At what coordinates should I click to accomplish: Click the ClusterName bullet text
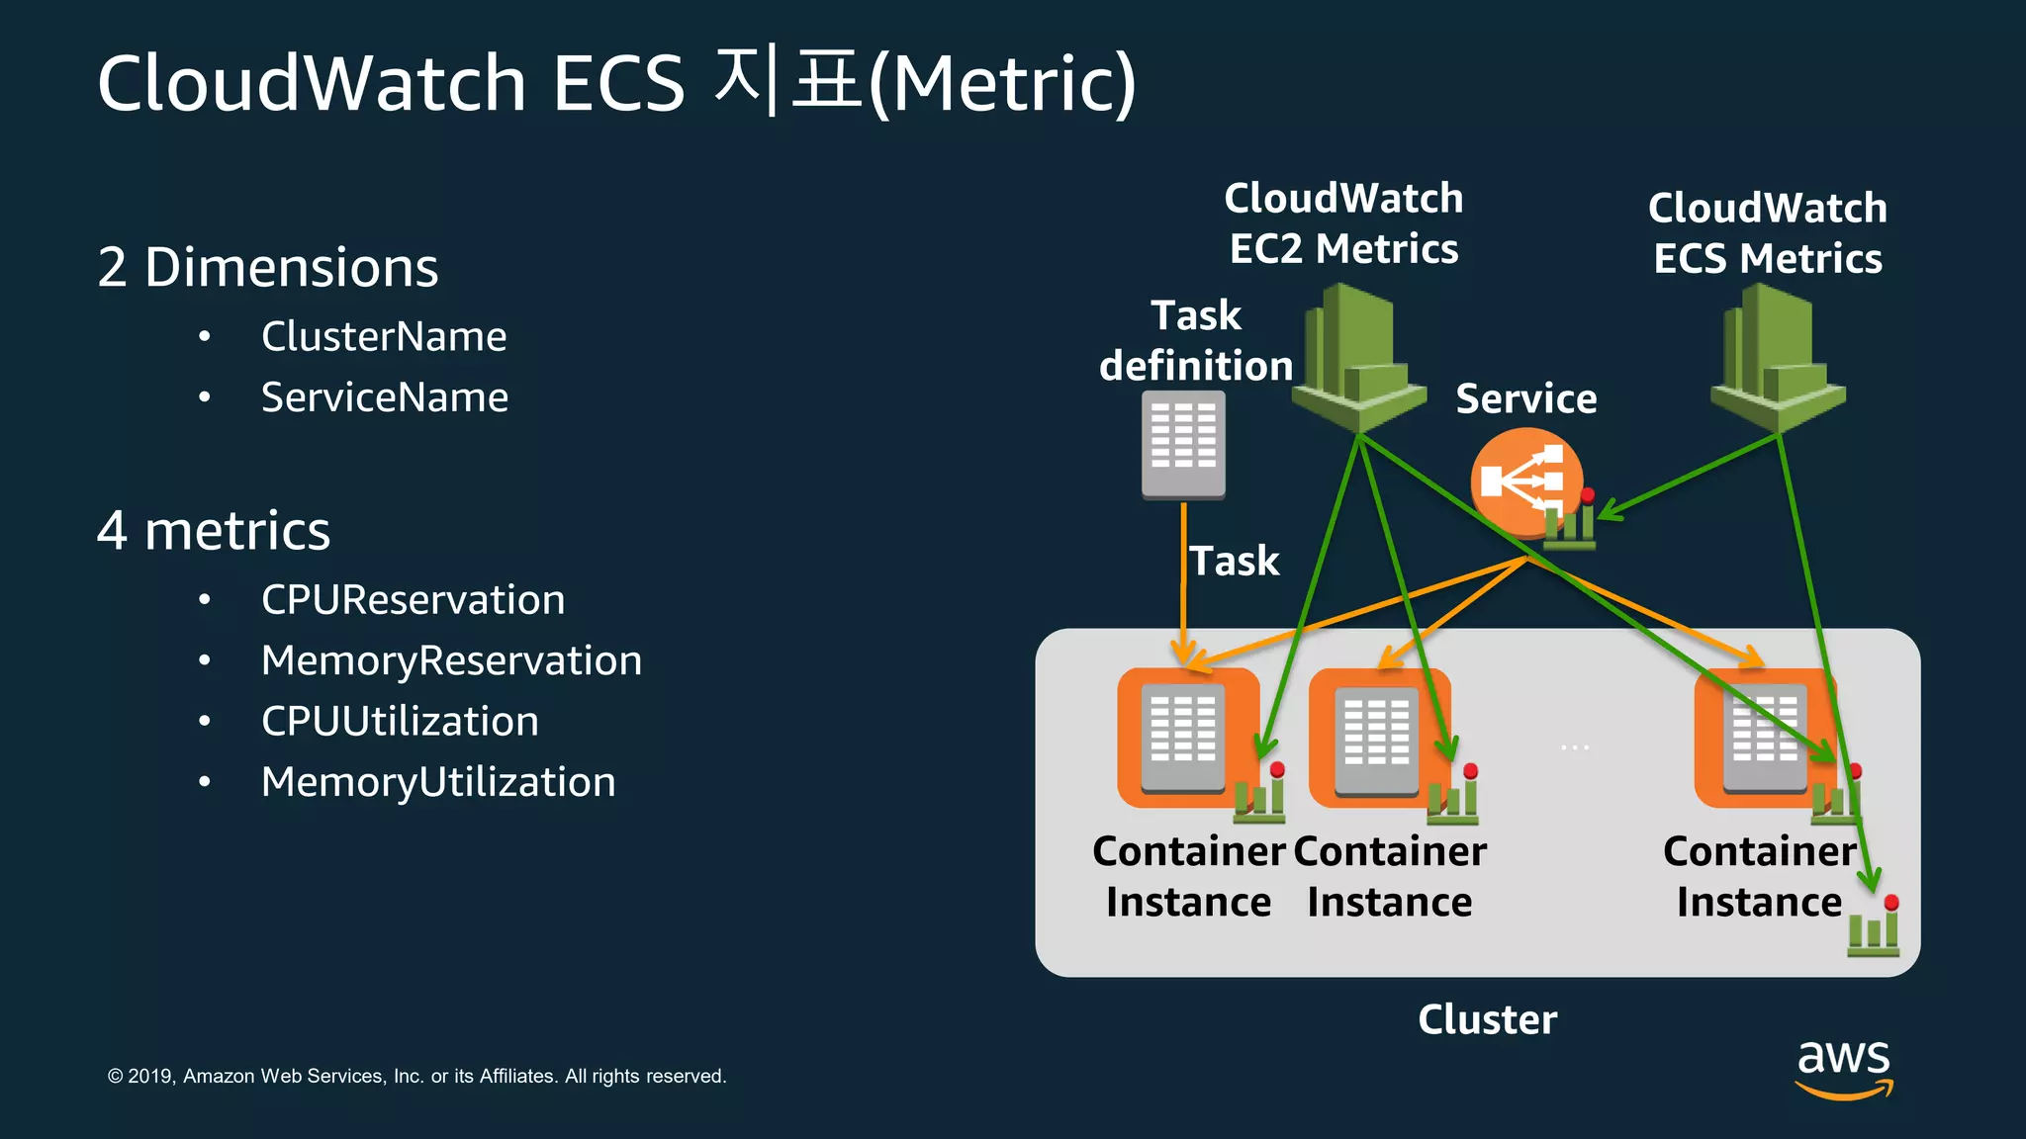point(384,337)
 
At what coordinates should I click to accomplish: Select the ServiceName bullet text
point(385,397)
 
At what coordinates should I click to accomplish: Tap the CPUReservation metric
point(413,600)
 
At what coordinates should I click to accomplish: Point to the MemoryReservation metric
point(451,660)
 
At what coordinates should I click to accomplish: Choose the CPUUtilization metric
point(400,722)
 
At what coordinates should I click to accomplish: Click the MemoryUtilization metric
point(438,782)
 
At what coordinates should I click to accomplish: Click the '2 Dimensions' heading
point(267,267)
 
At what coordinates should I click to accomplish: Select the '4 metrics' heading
point(214,531)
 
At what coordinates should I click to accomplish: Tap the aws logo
point(1844,1068)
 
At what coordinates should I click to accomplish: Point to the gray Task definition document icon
point(1183,444)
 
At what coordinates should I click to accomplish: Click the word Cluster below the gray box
point(1487,1019)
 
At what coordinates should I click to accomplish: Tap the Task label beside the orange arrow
point(1234,561)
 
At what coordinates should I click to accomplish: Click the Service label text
point(1526,398)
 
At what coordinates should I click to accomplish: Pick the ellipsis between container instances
point(1575,747)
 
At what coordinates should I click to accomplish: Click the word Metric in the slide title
point(1003,83)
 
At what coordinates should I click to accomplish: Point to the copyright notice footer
point(416,1076)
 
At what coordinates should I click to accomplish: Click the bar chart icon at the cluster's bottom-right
point(1874,928)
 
